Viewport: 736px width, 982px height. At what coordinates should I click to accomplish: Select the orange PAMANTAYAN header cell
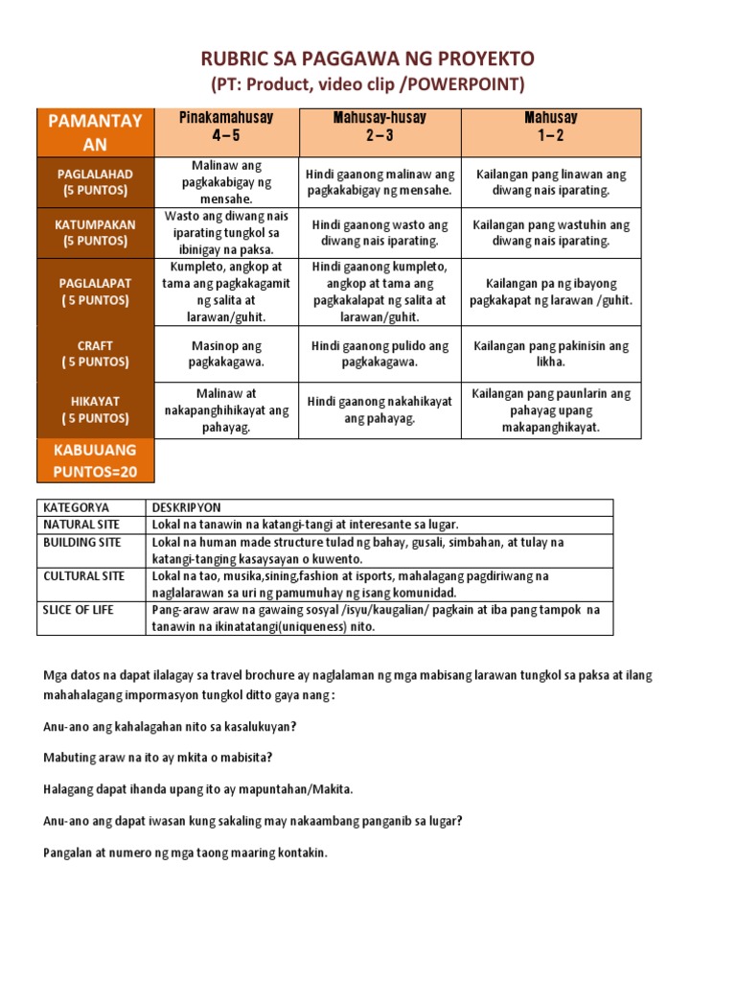(94, 132)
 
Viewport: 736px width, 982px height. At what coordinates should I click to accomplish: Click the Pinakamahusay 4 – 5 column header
(226, 127)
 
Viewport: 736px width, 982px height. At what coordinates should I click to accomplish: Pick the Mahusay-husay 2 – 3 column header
(379, 127)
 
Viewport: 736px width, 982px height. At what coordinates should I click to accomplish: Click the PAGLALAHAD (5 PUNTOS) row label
(94, 181)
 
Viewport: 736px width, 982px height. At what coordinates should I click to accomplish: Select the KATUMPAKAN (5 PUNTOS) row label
(94, 232)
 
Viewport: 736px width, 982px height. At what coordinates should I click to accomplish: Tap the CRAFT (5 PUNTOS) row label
(94, 353)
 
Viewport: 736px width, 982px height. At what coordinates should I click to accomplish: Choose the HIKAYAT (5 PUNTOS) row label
(94, 409)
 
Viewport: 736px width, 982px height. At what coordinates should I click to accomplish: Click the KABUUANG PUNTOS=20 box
(94, 460)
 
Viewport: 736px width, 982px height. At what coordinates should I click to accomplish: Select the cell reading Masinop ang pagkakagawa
(226, 353)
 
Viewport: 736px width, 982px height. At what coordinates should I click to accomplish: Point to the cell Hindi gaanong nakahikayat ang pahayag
(379, 409)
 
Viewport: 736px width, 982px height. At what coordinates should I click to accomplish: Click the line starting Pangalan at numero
(186, 852)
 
